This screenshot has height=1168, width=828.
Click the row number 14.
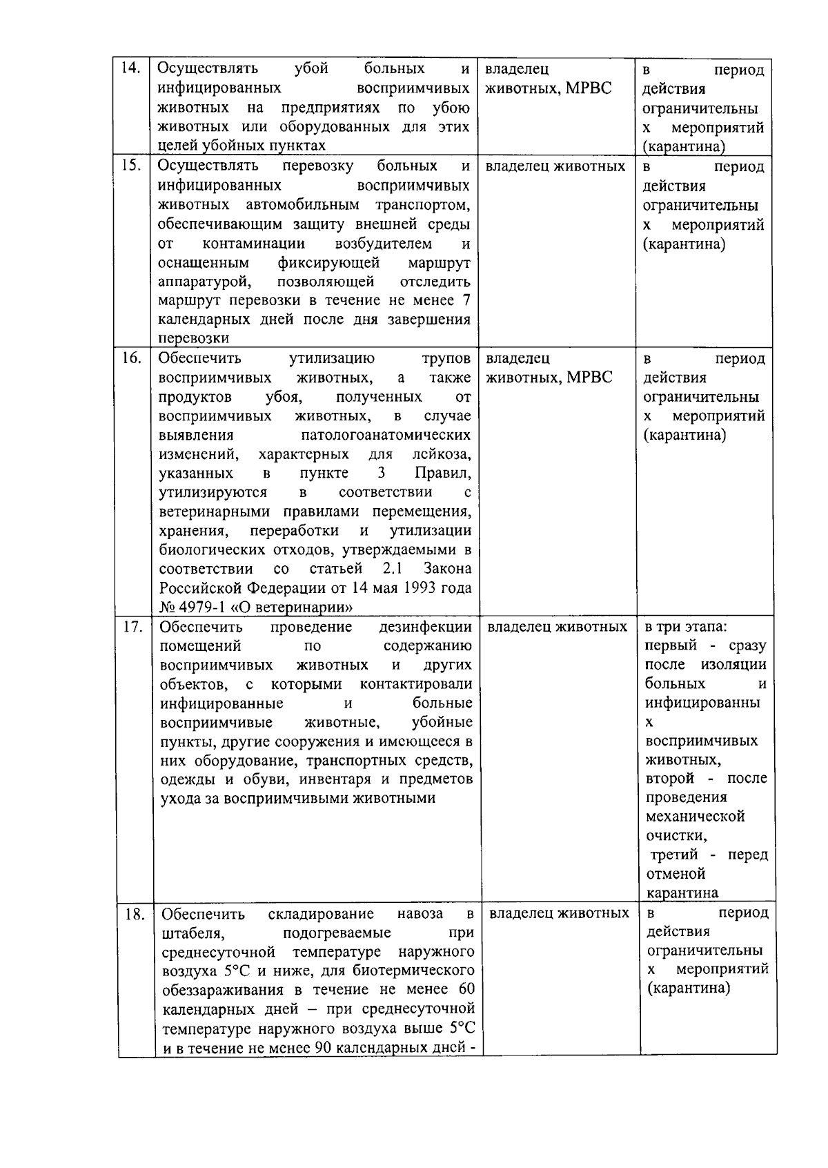[130, 68]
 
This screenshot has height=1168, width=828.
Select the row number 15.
[130, 166]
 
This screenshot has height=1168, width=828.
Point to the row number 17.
[132, 627]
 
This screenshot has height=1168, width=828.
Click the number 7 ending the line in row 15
[466, 300]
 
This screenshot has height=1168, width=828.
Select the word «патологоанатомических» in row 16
[386, 435]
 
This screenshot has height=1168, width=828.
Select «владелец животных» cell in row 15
[555, 166]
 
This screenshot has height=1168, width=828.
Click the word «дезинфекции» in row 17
[426, 627]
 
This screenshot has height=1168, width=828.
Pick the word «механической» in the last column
[695, 817]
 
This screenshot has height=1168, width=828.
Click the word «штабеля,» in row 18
[193, 933]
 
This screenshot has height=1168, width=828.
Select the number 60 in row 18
[466, 990]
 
